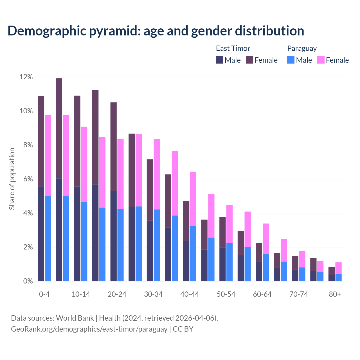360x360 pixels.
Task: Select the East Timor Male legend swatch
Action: [x=220, y=60]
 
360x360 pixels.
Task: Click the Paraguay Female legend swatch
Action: [x=321, y=60]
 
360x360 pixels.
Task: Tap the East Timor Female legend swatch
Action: [x=249, y=60]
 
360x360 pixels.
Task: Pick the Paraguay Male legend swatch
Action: [x=291, y=60]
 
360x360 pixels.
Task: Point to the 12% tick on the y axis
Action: [x=26, y=77]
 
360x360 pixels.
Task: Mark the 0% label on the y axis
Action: [x=28, y=281]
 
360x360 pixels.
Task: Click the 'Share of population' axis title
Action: [x=12, y=179]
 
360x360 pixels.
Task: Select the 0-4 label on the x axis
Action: [x=44, y=294]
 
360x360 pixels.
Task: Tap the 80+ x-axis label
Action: [x=335, y=294]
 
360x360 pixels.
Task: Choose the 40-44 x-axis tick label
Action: [x=190, y=294]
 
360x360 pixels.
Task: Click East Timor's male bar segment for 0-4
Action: [x=41, y=233]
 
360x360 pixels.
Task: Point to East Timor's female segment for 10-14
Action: [x=77, y=141]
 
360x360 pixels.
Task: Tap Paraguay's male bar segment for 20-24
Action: [x=120, y=245]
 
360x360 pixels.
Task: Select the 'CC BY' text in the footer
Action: [x=183, y=329]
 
